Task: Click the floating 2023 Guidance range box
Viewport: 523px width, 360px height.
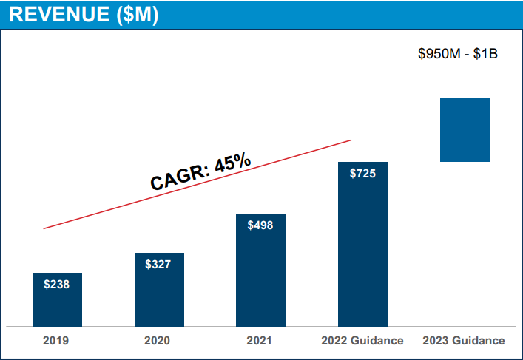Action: click(465, 129)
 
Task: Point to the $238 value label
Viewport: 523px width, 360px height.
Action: click(57, 284)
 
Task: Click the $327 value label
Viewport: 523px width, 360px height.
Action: click(158, 264)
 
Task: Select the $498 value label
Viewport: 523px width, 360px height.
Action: click(260, 225)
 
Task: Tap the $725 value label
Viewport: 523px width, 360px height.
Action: click(362, 174)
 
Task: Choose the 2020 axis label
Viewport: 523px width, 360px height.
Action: click(157, 341)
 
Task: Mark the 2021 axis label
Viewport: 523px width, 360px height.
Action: click(259, 341)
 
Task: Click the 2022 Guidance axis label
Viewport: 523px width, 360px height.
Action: click(362, 341)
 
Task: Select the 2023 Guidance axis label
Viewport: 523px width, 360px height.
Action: click(464, 341)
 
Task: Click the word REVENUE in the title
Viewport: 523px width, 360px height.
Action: click(56, 16)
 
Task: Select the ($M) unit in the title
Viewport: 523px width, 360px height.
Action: click(135, 16)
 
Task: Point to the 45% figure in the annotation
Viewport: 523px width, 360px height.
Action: click(232, 162)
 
